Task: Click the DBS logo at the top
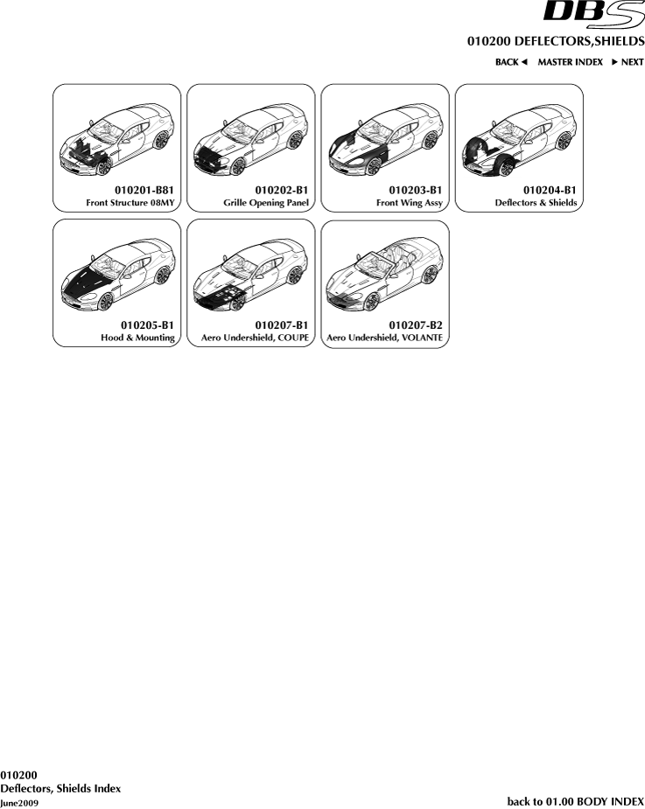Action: (594, 13)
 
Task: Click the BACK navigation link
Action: (511, 62)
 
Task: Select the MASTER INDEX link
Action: (570, 62)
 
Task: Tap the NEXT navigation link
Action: (627, 62)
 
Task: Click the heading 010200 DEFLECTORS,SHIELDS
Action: (556, 41)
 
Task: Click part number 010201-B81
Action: (144, 191)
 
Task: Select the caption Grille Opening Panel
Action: (266, 203)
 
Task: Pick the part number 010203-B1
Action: (415, 191)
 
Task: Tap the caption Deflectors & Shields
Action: (536, 203)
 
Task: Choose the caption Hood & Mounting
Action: (138, 338)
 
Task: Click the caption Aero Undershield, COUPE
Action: (255, 338)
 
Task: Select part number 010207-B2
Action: (415, 325)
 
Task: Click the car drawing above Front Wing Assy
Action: (386, 139)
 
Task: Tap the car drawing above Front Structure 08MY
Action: (117, 139)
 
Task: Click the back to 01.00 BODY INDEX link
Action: (576, 801)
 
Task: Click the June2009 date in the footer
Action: (19, 804)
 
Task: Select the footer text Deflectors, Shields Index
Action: (60, 789)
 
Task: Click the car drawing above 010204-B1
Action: (519, 139)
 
